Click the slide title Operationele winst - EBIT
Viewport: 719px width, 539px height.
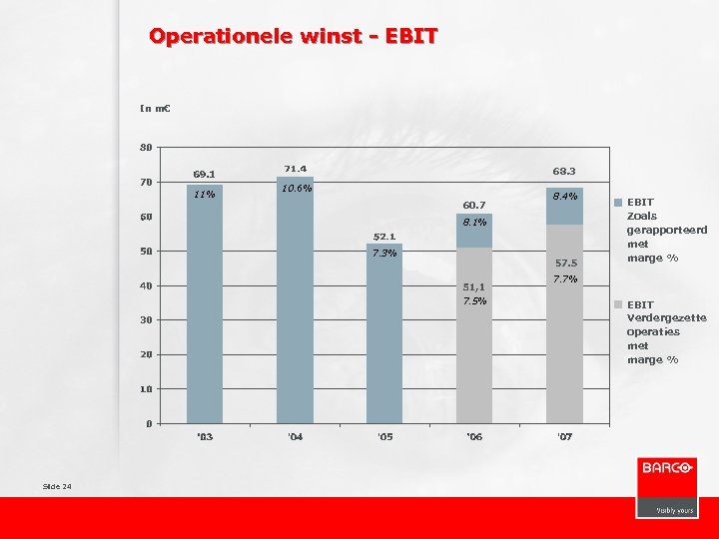293,37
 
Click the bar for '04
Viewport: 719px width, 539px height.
295,299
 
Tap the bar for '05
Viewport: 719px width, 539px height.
384,334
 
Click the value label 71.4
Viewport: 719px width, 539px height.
295,169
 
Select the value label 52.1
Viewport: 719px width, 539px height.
384,237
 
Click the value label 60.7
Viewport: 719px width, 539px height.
473,206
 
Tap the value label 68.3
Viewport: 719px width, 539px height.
564,171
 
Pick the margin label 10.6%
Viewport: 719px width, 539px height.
296,188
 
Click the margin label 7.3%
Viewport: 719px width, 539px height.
384,253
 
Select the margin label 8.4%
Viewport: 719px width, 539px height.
565,196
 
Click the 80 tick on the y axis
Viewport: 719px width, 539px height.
146,148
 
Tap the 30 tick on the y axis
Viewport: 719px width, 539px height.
146,320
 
